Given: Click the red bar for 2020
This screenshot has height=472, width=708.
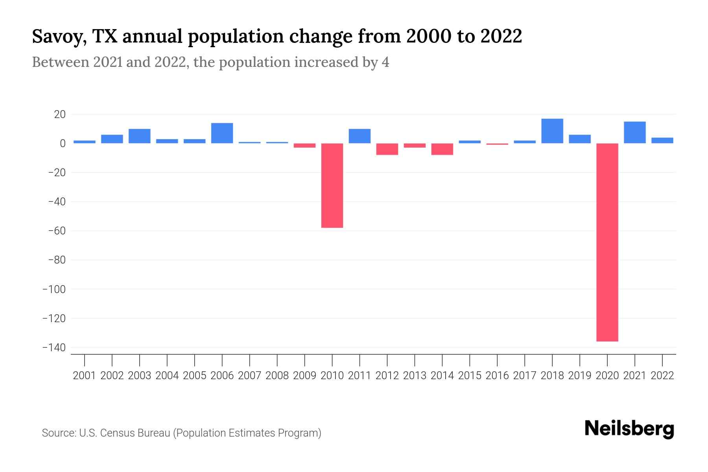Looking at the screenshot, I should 607,242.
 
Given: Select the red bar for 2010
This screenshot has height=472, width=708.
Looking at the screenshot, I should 332,185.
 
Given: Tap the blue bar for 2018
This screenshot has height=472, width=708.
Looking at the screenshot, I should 552,131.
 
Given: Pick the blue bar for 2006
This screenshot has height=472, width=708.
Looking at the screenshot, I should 222,133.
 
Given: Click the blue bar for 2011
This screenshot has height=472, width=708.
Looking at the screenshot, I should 360,136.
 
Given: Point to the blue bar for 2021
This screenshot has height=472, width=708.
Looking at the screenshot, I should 635,133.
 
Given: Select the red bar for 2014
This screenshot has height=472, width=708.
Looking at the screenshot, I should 442,149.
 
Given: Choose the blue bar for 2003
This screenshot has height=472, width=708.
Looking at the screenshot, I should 139,136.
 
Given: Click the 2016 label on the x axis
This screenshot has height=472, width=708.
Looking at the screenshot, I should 497,376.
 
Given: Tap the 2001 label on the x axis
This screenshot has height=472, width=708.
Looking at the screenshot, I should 85,376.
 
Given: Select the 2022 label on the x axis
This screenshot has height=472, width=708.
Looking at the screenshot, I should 662,376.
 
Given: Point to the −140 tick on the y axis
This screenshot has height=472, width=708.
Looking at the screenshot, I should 54,348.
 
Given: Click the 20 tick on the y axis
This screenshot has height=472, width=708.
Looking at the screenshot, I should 60,114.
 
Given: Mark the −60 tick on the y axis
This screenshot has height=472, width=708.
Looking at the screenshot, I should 57,231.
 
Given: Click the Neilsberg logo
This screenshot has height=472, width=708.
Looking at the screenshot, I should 629,429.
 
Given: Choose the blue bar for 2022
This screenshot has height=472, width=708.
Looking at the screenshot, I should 662,140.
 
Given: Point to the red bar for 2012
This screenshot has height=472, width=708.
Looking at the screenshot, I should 387,149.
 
